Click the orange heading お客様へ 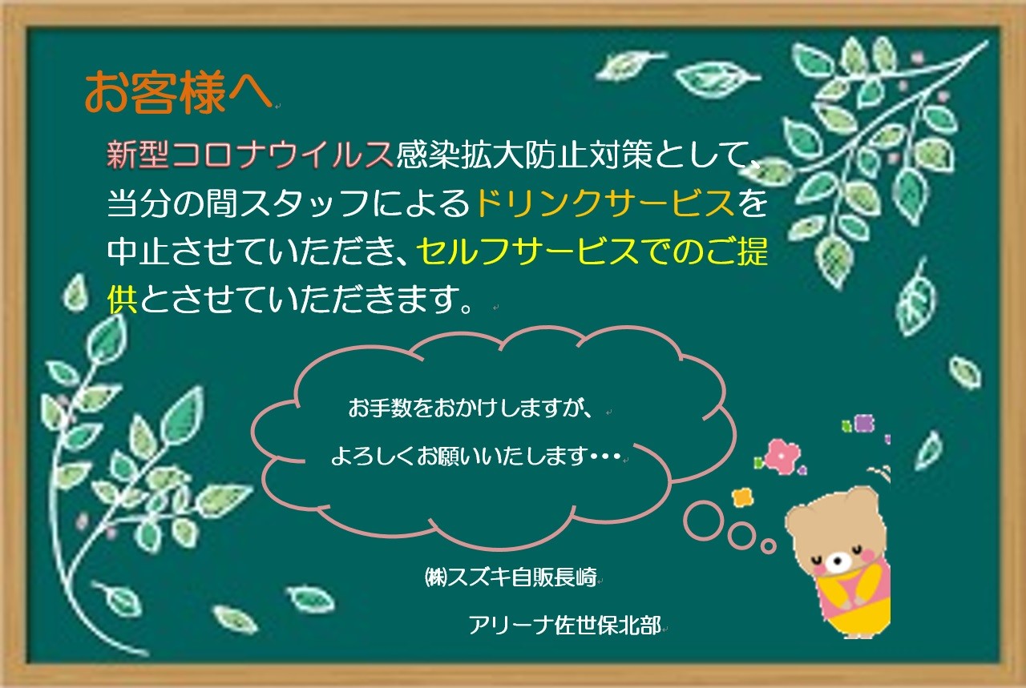point(179,92)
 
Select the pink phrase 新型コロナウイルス point(249,155)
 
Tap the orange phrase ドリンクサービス point(605,203)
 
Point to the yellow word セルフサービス point(527,251)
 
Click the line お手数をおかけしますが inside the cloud point(470,408)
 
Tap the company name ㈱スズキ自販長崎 point(511,577)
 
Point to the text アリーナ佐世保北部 point(565,625)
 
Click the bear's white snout point(838,561)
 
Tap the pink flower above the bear point(783,456)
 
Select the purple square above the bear point(864,423)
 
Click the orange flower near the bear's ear point(742,497)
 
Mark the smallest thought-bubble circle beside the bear point(768,545)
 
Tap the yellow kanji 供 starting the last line point(122,299)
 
